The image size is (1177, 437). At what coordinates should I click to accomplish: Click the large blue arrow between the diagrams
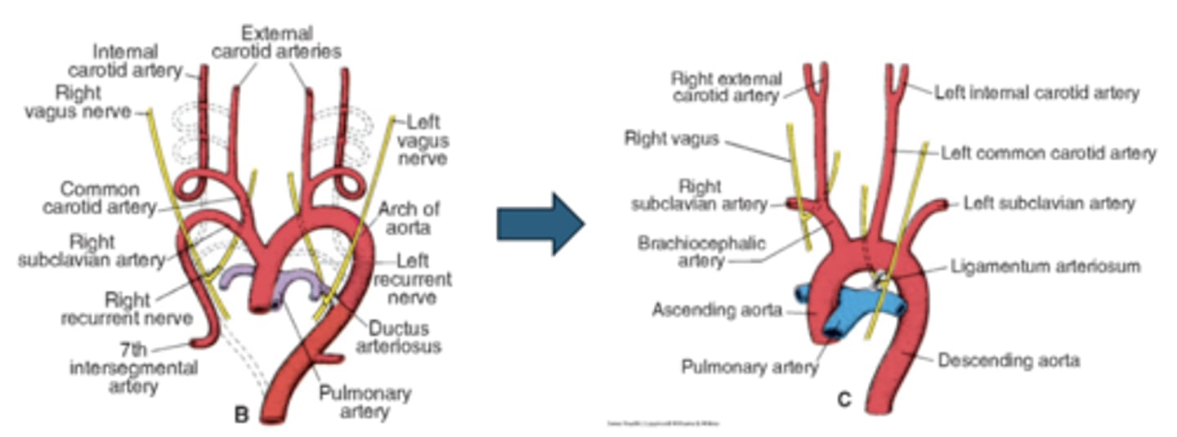click(540, 224)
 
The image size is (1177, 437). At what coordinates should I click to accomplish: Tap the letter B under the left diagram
click(241, 415)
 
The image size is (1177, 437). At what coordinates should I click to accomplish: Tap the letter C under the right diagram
click(844, 399)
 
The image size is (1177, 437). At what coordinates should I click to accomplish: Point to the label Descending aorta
click(1009, 359)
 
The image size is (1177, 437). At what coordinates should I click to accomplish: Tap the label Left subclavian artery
click(1049, 203)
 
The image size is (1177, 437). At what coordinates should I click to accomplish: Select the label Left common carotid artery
click(1049, 153)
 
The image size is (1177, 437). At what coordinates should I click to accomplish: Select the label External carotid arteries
click(276, 42)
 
